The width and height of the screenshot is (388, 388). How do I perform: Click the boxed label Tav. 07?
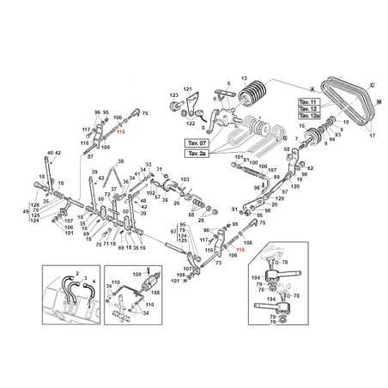195,142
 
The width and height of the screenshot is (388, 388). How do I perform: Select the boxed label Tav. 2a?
195,153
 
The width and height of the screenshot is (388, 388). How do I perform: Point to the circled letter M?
378,101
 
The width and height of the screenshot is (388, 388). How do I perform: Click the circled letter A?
312,88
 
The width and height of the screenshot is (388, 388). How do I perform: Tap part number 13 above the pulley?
244,76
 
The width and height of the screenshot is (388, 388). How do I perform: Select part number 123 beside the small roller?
173,95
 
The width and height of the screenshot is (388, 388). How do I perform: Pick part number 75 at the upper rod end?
145,112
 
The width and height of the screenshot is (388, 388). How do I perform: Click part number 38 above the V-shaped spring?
120,161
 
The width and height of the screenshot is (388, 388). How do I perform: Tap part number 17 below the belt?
372,136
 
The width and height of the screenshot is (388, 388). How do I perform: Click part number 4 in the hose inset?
94,279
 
